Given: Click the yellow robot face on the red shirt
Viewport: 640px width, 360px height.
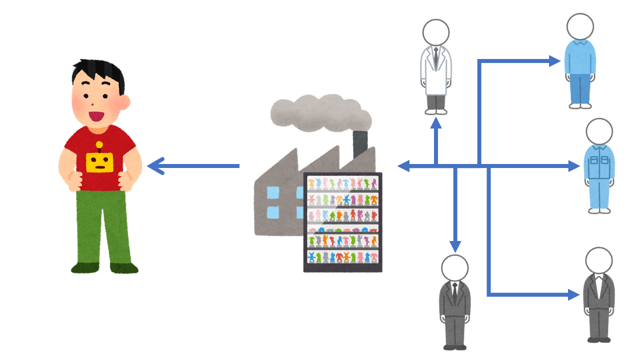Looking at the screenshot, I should [x=100, y=161].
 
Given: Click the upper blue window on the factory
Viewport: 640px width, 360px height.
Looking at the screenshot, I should [x=273, y=191].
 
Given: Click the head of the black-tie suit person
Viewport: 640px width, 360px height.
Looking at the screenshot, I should [x=454, y=268].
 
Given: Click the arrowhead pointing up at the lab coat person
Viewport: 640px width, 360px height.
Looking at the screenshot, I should [x=436, y=123].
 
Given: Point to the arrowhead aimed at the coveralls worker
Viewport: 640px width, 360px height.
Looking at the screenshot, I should [x=573, y=166].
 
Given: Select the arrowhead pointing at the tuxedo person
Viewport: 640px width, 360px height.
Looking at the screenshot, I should [x=573, y=295].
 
